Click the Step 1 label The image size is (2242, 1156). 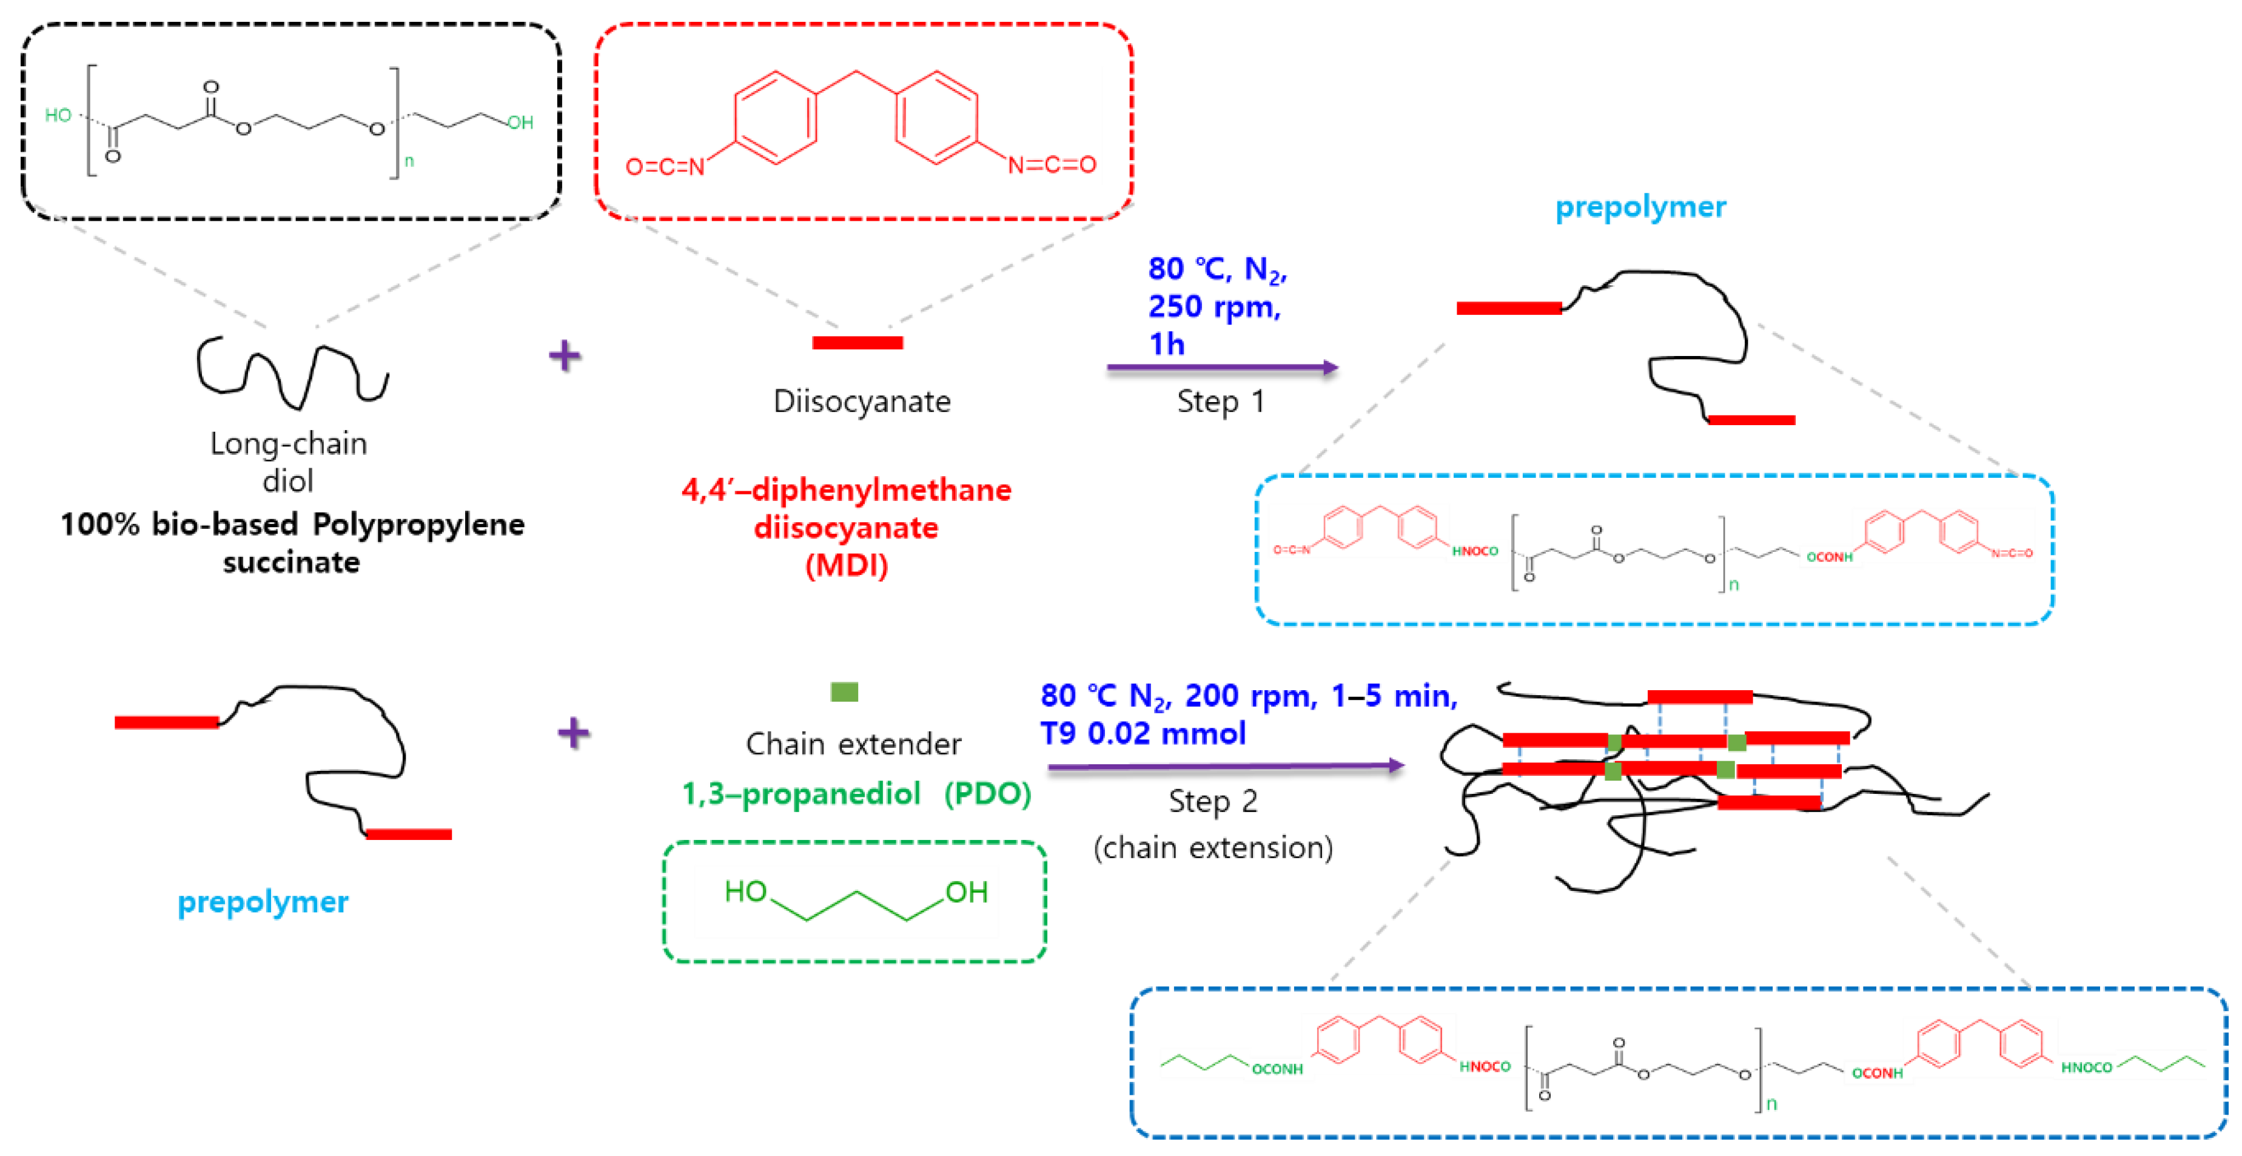point(1220,402)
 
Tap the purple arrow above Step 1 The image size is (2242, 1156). point(1221,368)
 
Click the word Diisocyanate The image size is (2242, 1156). point(862,402)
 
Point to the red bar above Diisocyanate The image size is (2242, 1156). point(858,342)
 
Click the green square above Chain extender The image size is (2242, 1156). point(844,692)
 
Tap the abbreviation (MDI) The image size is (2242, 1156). point(846,566)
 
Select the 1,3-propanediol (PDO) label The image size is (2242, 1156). point(856,793)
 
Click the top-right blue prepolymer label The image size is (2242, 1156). point(1640,207)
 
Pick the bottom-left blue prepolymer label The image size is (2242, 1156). point(263,902)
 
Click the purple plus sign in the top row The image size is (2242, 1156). point(565,355)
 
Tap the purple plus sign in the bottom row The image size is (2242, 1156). point(574,732)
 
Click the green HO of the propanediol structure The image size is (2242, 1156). point(745,892)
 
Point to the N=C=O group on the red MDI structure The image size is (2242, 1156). point(1052,164)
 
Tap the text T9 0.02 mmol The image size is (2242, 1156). point(1143,734)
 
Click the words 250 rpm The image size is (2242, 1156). point(1213,306)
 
